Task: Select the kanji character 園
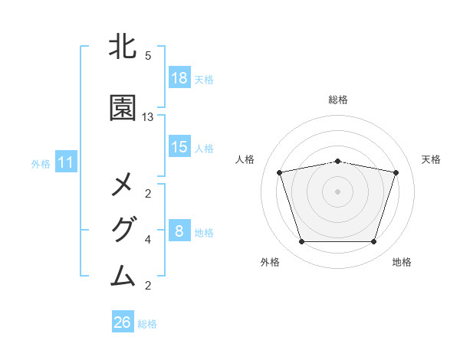(x=123, y=109)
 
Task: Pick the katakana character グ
(x=123, y=230)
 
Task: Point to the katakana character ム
(x=123, y=274)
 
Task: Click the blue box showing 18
(x=179, y=78)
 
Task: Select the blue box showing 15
(x=179, y=147)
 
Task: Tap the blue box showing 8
(x=179, y=231)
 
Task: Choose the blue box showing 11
(x=66, y=162)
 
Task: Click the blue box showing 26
(x=123, y=322)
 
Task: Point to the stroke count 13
(x=148, y=117)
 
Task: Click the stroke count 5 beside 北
(x=148, y=56)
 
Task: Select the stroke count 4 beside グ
(x=148, y=240)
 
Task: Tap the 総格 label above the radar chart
(x=338, y=100)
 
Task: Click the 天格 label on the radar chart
(x=432, y=159)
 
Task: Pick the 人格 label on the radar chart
(x=245, y=159)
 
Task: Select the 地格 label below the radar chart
(x=402, y=263)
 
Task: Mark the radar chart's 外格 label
(x=270, y=263)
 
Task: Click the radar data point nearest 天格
(x=396, y=172)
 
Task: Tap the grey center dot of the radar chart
(x=338, y=191)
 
